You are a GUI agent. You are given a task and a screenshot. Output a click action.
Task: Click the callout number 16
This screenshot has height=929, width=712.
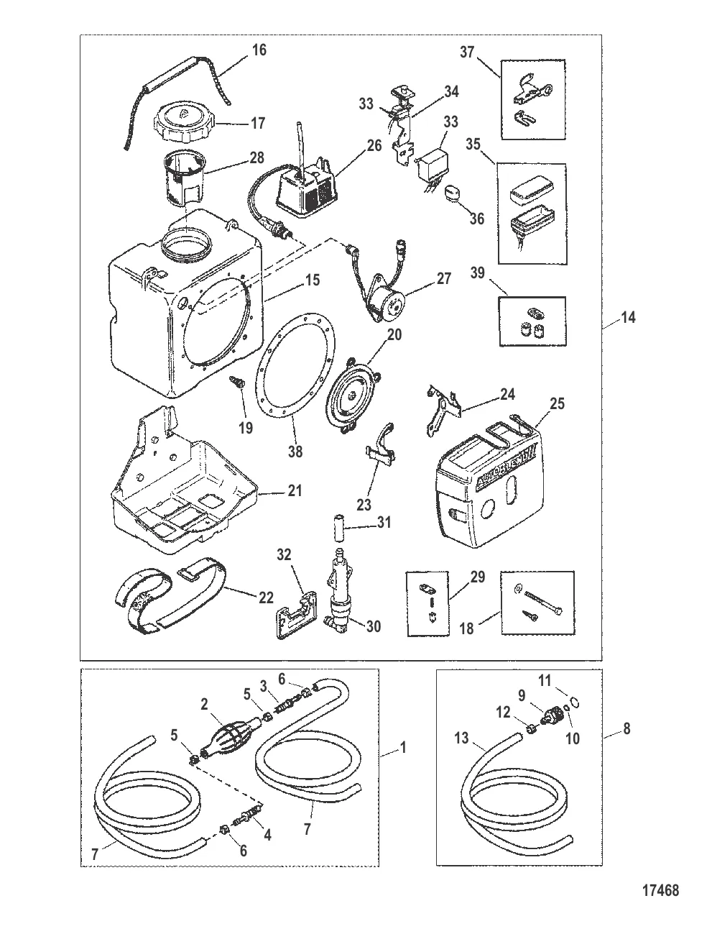259,50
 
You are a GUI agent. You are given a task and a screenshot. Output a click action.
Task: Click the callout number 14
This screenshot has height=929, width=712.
628,317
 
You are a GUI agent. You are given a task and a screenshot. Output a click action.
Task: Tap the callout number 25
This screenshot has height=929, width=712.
558,405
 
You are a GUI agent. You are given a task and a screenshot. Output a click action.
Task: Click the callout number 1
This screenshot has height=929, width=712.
402,749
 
